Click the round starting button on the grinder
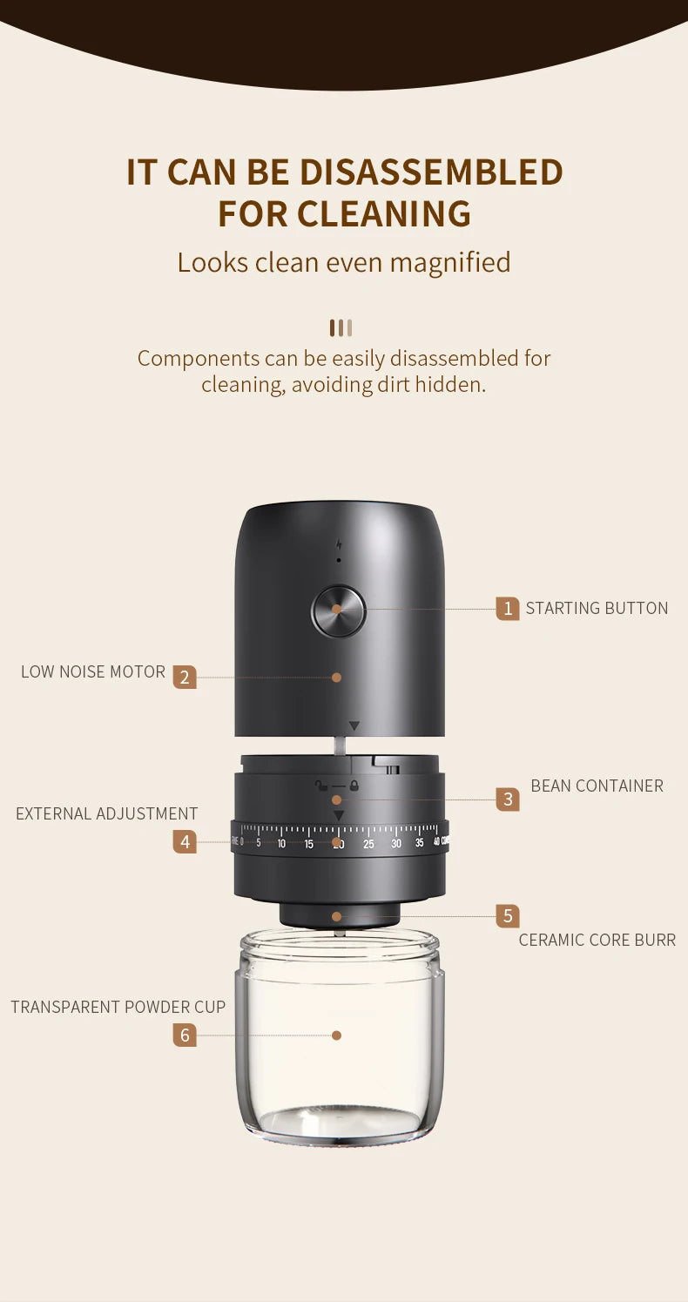339,611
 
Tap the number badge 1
508,608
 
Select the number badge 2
185,677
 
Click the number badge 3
508,799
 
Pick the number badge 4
185,842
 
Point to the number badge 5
508,916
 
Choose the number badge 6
185,1035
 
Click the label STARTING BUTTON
597,608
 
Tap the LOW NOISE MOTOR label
93,671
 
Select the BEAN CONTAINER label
597,786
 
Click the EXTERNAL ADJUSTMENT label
107,813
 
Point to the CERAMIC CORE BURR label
597,940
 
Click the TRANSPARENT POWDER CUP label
118,1007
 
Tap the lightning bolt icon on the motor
339,545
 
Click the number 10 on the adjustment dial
281,844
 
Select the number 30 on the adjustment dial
396,844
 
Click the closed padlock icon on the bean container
354,786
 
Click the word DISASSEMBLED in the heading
431,172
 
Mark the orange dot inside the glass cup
336,1035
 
